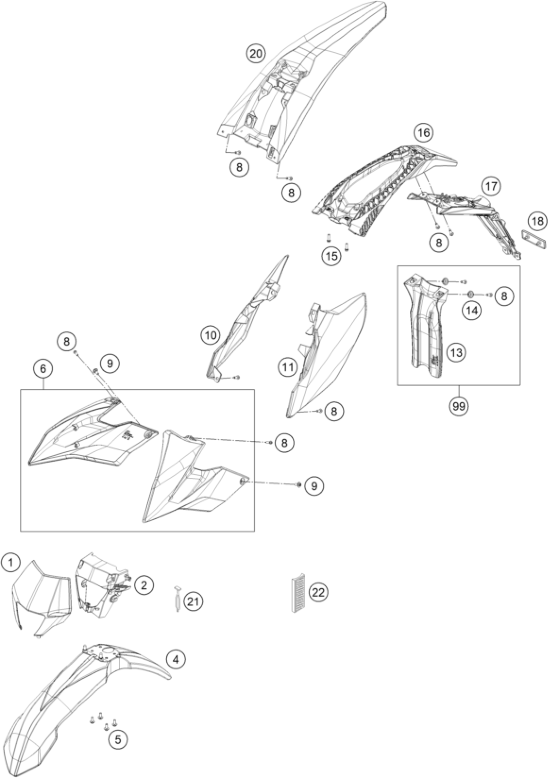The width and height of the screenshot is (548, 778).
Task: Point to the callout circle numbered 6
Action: pos(43,369)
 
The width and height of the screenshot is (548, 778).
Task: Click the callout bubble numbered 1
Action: pos(11,563)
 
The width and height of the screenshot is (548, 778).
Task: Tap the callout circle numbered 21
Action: pos(193,602)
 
